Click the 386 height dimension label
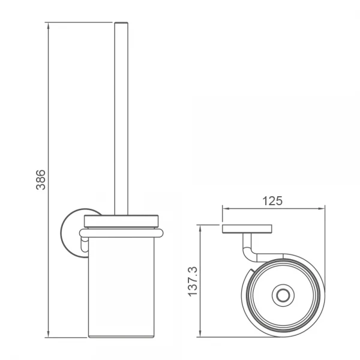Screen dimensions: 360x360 41,180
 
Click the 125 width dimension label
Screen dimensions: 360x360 272,201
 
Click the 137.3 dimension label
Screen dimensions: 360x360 193,281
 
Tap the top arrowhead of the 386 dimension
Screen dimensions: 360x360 48,26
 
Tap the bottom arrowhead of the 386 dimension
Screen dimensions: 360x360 48,334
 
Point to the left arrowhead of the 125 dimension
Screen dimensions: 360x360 226,208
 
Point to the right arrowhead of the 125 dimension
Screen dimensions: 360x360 322,208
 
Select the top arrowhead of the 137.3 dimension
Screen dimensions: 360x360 200,229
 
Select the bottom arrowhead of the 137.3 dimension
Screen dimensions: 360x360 200,334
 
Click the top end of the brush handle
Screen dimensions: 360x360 121,23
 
